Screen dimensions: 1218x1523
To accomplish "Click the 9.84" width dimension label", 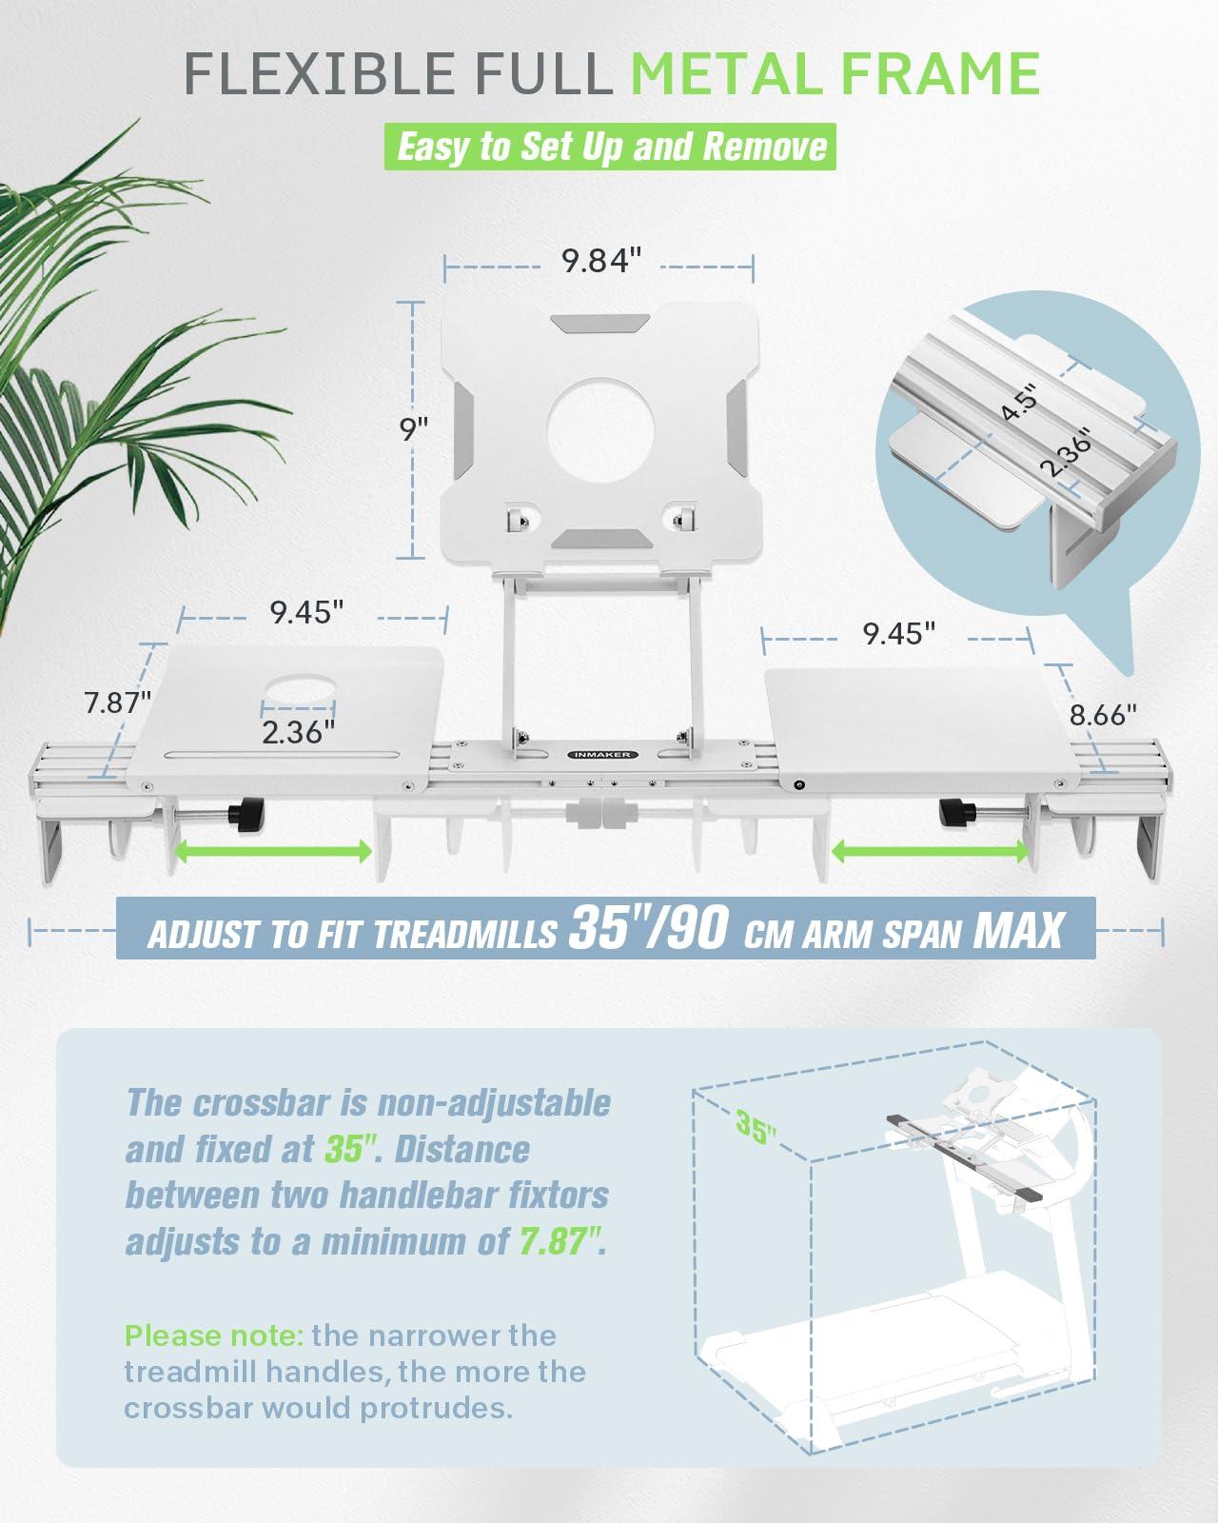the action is point(600,261).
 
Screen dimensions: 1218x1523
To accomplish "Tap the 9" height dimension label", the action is point(414,429).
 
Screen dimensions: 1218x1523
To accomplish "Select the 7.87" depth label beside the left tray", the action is point(117,702).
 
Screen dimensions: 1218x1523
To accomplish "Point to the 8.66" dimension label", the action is point(1103,715).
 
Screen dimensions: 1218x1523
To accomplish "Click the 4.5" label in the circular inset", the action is point(1020,402).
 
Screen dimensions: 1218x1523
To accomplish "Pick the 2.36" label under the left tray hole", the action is point(298,732).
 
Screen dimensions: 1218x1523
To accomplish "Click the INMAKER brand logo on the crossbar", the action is point(602,755).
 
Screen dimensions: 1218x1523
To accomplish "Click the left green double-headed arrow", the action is point(272,851).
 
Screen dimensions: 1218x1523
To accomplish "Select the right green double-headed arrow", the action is point(930,851).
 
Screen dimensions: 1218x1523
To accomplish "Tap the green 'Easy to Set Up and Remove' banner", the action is point(610,147).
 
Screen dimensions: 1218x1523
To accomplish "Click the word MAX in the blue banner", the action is point(1018,930).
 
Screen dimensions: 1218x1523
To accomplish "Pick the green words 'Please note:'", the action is point(214,1336).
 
